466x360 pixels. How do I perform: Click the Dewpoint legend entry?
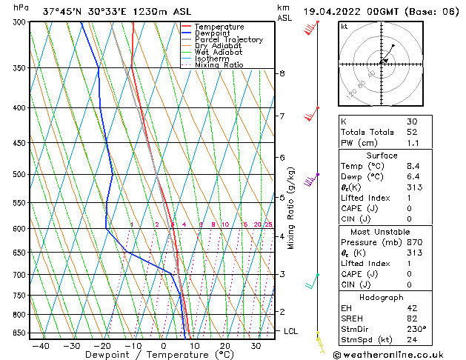213,33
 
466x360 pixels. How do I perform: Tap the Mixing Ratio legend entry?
219,65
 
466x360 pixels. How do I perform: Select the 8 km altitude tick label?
282,73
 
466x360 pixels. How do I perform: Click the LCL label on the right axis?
290,331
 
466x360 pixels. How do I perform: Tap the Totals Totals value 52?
412,132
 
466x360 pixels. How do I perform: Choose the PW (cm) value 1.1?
412,143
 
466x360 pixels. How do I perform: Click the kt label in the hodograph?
344,26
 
